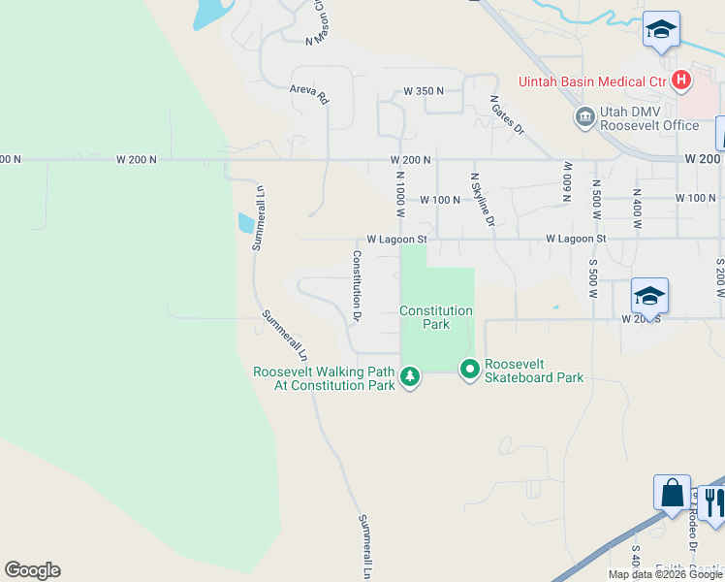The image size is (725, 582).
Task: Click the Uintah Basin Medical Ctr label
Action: tap(593, 81)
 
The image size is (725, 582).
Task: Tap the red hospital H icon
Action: tap(681, 80)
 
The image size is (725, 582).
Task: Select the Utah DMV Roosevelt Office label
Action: tap(648, 118)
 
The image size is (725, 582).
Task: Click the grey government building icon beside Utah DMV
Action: tap(584, 118)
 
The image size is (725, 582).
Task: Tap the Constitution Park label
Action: tap(436, 317)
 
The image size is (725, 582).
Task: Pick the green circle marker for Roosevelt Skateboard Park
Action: tap(470, 369)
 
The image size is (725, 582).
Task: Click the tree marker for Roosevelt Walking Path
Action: tap(410, 376)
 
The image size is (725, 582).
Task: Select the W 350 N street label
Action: tap(424, 91)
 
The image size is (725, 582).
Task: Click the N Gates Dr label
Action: tap(506, 114)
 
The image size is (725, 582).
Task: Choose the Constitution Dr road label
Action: tap(357, 285)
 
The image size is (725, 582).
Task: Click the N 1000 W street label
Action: tap(399, 190)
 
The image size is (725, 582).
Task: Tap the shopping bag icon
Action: tap(673, 493)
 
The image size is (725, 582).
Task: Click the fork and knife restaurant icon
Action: tap(713, 501)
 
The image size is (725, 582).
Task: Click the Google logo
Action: tap(32, 570)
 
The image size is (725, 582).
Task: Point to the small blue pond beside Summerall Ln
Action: tap(246, 223)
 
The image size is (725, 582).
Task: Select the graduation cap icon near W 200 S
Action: tap(649, 295)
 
